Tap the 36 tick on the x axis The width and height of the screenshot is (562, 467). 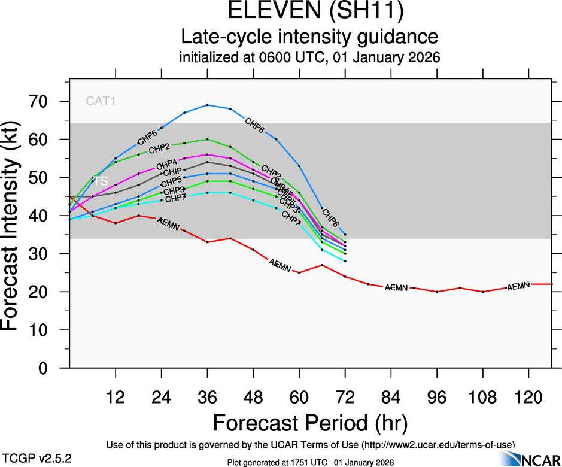tap(207, 396)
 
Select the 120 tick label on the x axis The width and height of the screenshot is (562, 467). tap(528, 396)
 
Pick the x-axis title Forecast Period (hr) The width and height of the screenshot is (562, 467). tap(309, 423)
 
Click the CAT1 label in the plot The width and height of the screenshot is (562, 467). tap(100, 101)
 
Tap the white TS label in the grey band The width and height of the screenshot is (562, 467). tap(101, 181)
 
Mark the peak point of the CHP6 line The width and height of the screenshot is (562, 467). tap(207, 105)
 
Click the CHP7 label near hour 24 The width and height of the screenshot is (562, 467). tap(175, 198)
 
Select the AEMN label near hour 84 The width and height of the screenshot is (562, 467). tap(396, 287)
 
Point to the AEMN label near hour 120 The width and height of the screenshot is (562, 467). tap(518, 286)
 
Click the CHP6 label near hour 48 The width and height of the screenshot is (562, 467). tap(255, 126)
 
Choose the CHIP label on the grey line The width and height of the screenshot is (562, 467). tap(172, 172)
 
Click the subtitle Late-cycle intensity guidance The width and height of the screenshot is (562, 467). tap(309, 37)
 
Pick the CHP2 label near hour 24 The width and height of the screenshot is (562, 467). tap(160, 148)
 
